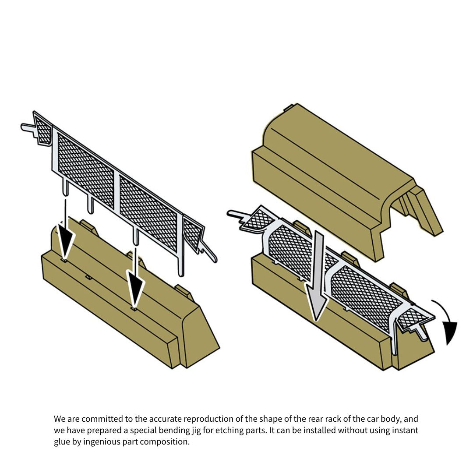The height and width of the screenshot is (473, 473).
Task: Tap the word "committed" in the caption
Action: pyautogui.click(x=99, y=419)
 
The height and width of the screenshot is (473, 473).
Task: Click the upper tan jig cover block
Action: pyautogui.click(x=347, y=181)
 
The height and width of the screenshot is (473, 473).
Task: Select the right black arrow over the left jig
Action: pyautogui.click(x=135, y=278)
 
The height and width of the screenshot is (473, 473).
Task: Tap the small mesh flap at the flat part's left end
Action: pyautogui.click(x=42, y=129)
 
